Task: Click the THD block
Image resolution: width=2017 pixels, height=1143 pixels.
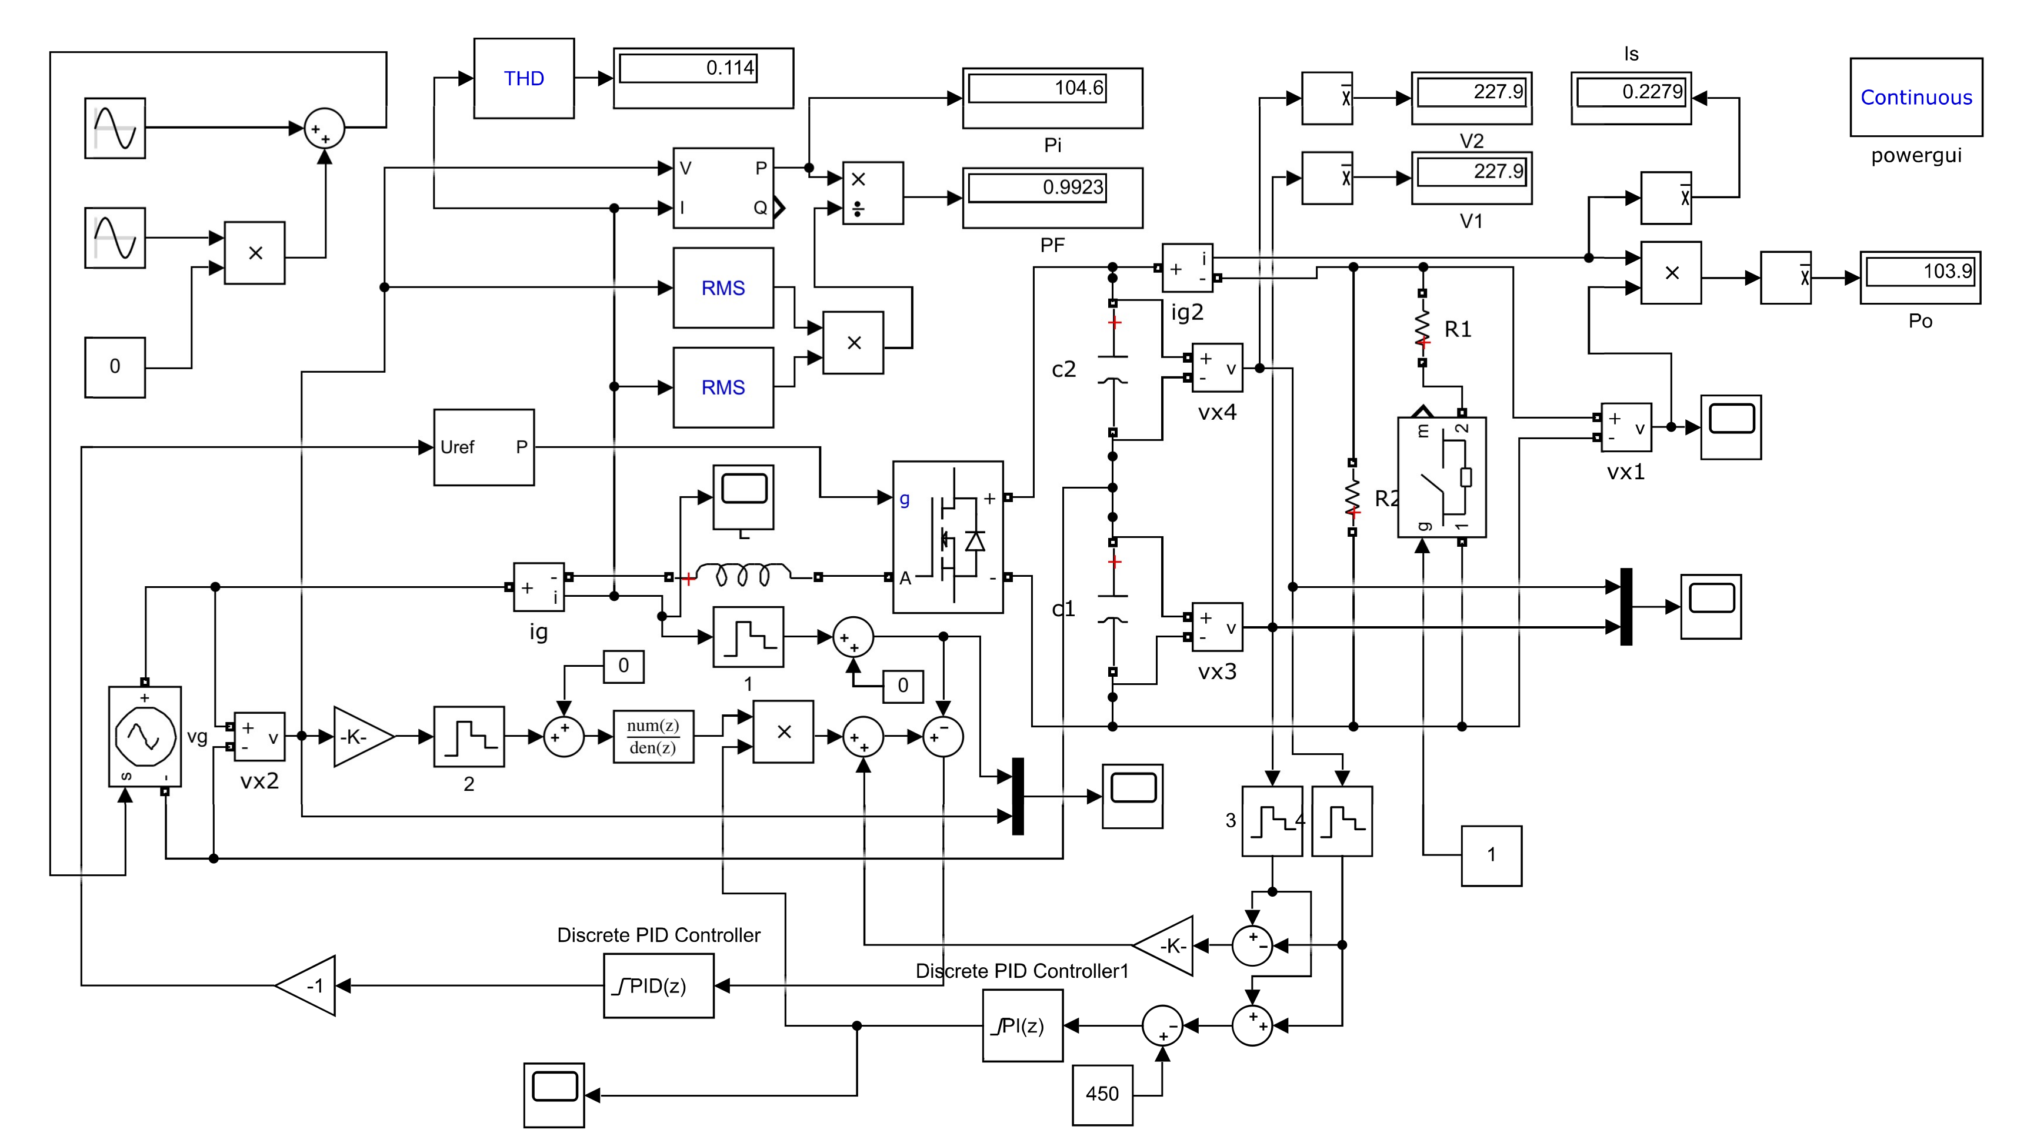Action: point(524,79)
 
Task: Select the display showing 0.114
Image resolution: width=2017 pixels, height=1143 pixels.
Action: point(703,78)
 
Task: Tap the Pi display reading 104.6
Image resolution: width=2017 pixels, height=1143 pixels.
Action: point(1052,98)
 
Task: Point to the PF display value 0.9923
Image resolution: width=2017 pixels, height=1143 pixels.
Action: point(1052,197)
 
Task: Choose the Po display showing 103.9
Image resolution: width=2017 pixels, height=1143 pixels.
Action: point(1919,277)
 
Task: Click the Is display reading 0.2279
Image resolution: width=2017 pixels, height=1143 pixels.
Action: point(1630,98)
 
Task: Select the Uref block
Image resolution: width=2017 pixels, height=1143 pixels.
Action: point(484,447)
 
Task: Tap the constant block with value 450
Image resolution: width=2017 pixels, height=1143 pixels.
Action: point(1102,1094)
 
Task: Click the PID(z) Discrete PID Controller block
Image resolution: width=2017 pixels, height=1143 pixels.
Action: point(658,985)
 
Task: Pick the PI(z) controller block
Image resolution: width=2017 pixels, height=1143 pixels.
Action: point(1022,1025)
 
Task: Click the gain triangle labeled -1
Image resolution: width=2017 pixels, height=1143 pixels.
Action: point(310,985)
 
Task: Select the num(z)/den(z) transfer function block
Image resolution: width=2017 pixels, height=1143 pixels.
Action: point(654,736)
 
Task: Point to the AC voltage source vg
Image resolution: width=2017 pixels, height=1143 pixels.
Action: point(145,736)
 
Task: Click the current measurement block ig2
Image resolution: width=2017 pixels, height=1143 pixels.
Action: point(1186,268)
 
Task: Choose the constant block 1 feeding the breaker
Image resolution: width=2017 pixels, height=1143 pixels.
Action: point(1490,855)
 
